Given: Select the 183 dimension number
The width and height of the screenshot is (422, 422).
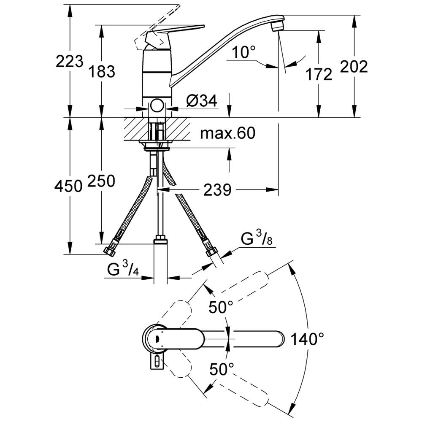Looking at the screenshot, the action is [x=102, y=72].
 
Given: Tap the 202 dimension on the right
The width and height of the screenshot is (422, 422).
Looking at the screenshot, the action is [x=354, y=67].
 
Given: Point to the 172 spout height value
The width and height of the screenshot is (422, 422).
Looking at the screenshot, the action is [x=319, y=74].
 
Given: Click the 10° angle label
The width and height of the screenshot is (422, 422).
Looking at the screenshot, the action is [x=243, y=52].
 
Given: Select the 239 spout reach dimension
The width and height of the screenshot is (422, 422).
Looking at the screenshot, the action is [x=217, y=190].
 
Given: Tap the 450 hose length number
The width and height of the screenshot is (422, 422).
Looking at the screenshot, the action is [x=68, y=186].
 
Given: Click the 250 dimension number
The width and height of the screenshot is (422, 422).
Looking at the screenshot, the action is [x=101, y=181].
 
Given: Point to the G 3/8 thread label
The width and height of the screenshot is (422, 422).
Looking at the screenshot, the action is [x=257, y=238].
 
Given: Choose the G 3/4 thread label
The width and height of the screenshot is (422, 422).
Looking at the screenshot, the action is [x=123, y=269].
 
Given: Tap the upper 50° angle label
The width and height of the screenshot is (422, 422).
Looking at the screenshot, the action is [x=221, y=307].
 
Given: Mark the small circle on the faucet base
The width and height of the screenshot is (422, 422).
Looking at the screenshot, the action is [x=157, y=106].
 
